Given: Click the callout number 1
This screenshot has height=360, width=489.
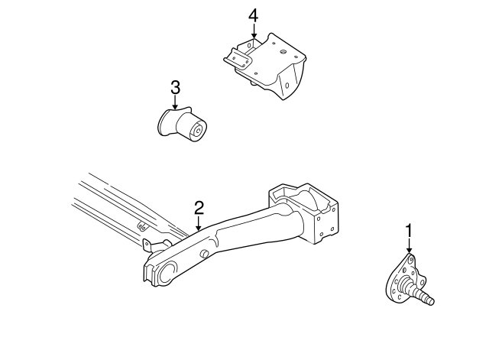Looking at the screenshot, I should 409,229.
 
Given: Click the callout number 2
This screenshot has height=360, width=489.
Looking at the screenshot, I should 199,207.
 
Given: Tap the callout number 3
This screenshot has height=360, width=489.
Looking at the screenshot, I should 175,88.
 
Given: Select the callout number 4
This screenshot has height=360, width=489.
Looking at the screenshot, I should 253,15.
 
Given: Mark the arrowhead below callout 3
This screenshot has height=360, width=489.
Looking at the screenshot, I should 175,109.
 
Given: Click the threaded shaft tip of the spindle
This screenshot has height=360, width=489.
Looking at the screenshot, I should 430,300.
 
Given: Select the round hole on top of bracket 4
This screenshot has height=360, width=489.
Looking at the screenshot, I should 283,52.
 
